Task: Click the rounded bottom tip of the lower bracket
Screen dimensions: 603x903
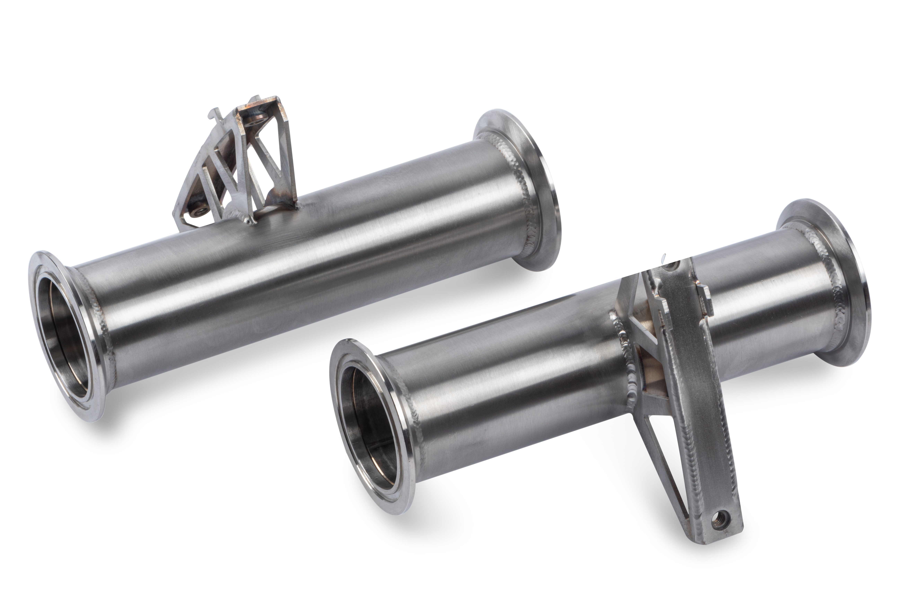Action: click(x=725, y=533)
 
